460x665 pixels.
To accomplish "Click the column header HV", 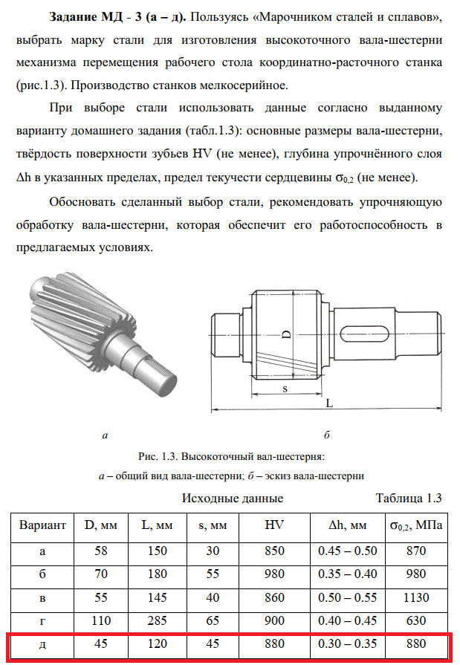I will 274,525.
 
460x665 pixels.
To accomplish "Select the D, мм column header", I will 100,525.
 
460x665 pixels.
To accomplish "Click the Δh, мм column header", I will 347,525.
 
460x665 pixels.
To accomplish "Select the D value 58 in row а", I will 100,551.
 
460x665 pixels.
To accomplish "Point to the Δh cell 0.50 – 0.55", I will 347,597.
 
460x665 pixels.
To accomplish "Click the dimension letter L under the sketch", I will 328,402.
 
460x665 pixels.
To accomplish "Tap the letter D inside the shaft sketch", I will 285,335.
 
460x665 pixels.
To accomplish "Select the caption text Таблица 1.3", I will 409,498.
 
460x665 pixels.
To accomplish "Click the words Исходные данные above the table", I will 232,498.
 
